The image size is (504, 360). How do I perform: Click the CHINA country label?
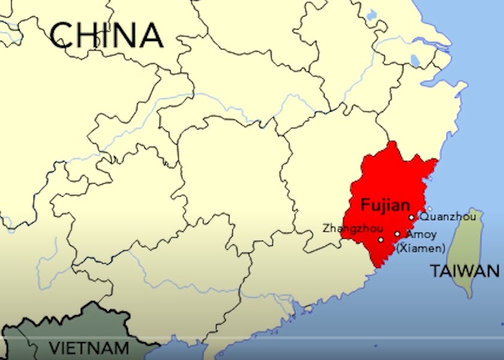tap(106, 35)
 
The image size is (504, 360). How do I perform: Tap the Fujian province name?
tap(384, 205)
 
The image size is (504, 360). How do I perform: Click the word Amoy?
tap(421, 235)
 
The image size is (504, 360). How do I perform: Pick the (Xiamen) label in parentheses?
tap(421, 247)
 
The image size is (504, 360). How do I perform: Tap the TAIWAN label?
tap(465, 271)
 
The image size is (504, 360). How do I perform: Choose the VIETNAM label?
tap(89, 348)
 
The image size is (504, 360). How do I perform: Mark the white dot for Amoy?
tap(397, 234)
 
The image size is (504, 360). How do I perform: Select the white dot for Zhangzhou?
tap(380, 239)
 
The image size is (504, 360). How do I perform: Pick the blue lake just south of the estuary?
tap(414, 60)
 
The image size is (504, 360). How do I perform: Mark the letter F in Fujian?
tap(364, 205)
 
